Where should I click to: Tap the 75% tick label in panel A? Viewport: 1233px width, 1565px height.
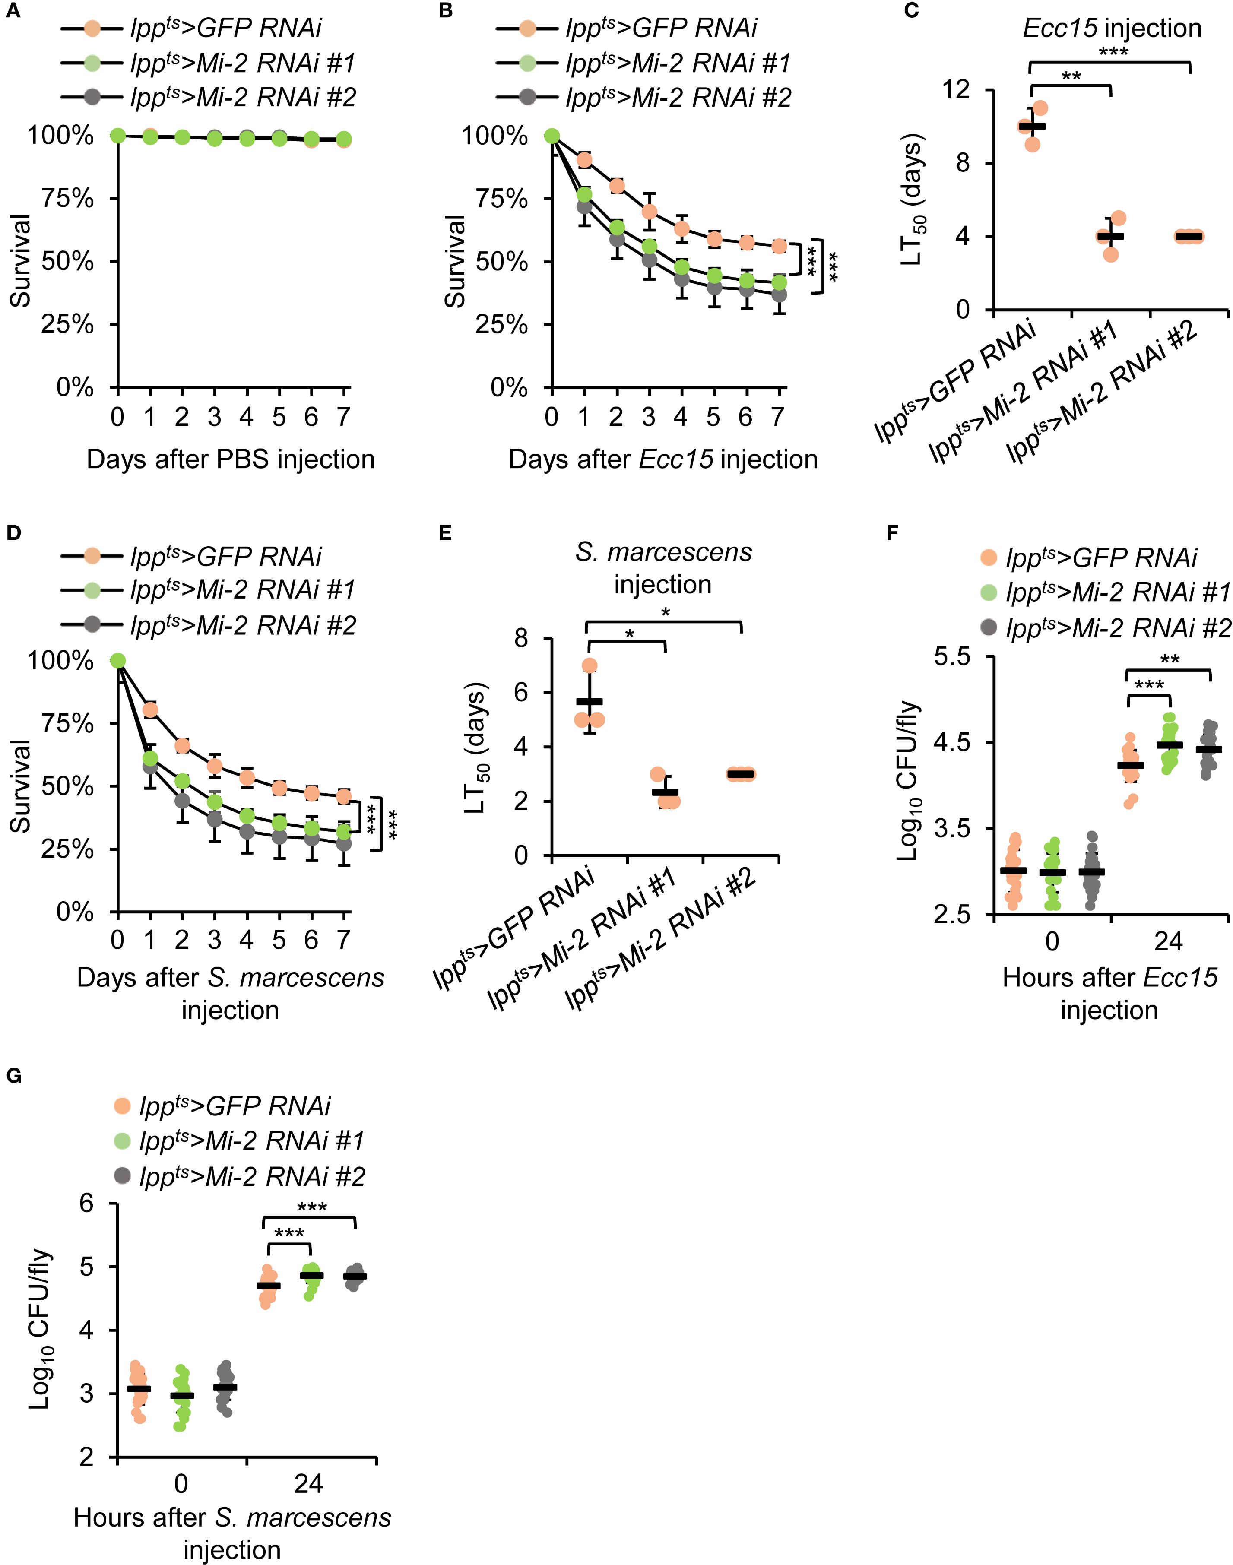(x=69, y=199)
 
